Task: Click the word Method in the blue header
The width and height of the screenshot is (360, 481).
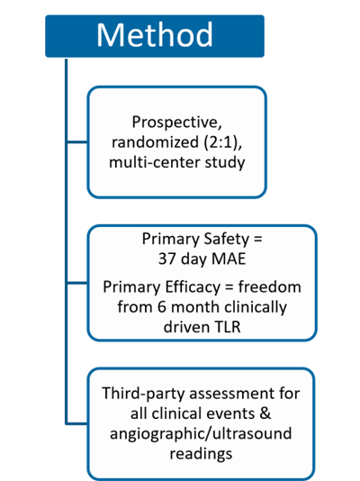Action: coord(155,35)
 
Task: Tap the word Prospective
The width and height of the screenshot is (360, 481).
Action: coord(176,123)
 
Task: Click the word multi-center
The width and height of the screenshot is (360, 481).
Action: coord(155,162)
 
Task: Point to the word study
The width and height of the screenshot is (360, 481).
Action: coord(225,163)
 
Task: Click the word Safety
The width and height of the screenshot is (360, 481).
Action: coord(227,240)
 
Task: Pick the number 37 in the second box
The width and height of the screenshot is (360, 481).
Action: coord(167,259)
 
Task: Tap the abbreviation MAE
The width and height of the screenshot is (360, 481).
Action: coord(229,259)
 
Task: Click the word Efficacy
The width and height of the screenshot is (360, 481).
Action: coord(193,287)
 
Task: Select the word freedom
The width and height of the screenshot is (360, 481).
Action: coord(270,287)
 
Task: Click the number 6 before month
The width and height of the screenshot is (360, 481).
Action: coord(162,307)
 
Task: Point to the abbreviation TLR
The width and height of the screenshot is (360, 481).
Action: coord(228,327)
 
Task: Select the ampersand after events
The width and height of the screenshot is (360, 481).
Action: coord(265,413)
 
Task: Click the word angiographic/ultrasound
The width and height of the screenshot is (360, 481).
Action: coord(201,434)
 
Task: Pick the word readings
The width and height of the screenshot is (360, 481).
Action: coord(201,454)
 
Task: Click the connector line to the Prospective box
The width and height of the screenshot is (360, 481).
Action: coord(76,142)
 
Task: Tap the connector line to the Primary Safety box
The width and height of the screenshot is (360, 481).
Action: coord(76,283)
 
